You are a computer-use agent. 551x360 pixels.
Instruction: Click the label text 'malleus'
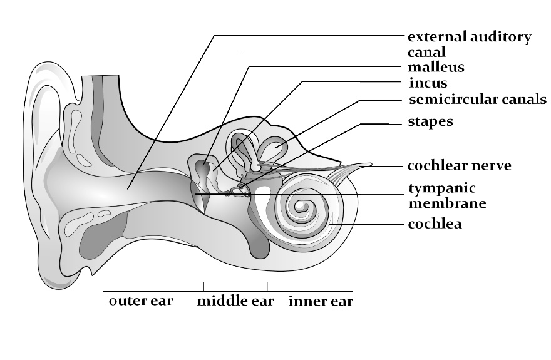click(x=436, y=66)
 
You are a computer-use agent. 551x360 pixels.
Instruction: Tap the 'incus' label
click(x=428, y=83)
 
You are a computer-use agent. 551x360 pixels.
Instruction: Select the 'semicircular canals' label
click(x=478, y=100)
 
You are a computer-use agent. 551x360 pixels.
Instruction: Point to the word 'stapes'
click(x=430, y=121)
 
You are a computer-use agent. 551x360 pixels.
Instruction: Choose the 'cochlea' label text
click(x=435, y=224)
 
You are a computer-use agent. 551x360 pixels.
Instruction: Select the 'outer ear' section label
click(x=141, y=301)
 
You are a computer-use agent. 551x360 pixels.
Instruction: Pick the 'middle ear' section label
click(x=235, y=301)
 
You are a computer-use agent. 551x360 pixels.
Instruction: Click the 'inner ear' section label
click(x=321, y=301)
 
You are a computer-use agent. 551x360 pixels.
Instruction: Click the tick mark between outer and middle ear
click(x=203, y=287)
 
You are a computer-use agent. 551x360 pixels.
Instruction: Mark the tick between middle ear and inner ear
click(x=267, y=287)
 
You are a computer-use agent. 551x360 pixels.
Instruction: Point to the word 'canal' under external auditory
click(x=426, y=52)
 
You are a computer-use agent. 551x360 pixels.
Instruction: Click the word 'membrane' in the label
click(x=447, y=203)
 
